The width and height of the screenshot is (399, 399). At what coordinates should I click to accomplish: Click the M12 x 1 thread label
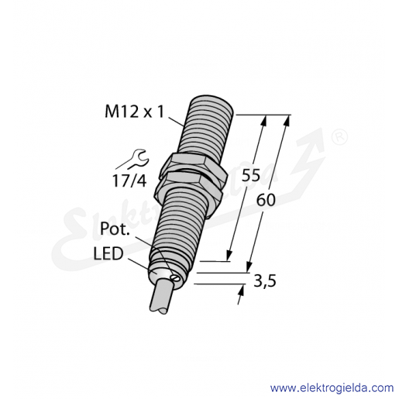click(134, 112)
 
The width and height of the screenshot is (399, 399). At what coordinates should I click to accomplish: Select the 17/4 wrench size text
click(129, 181)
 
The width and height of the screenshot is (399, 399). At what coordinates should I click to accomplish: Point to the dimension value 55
click(250, 176)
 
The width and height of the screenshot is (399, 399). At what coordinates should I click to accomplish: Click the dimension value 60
click(266, 200)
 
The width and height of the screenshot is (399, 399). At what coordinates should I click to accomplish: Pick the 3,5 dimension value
click(265, 280)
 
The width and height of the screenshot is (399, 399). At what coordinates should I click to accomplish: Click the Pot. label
click(115, 229)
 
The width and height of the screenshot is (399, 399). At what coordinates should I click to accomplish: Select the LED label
click(108, 253)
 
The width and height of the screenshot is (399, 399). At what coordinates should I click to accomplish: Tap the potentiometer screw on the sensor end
click(174, 277)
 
